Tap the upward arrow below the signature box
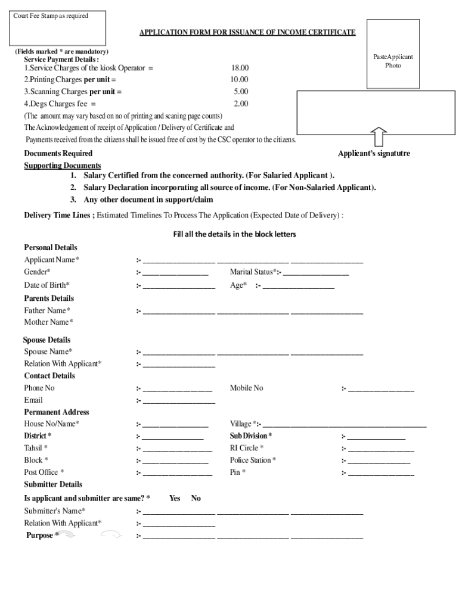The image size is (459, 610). (x=379, y=136)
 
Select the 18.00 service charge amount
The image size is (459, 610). (x=240, y=69)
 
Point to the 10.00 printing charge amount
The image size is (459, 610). (x=240, y=80)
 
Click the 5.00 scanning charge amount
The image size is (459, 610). (x=241, y=92)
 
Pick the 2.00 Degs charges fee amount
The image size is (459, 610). (x=241, y=104)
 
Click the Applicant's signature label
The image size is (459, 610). (x=374, y=154)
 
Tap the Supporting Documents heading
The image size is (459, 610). (x=62, y=166)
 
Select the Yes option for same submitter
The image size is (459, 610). (x=175, y=498)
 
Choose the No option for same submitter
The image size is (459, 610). (x=196, y=498)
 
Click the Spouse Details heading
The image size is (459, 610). (x=47, y=340)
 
